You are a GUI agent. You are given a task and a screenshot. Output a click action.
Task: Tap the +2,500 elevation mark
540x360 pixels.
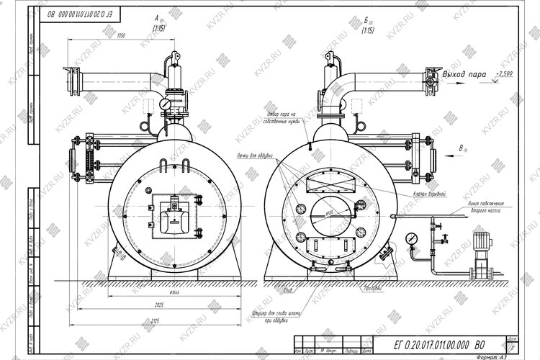(x=505, y=73)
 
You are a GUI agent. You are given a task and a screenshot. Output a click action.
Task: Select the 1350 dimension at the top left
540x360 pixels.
(x=121, y=35)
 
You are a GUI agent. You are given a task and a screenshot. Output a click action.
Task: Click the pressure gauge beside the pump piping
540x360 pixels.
(x=412, y=237)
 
